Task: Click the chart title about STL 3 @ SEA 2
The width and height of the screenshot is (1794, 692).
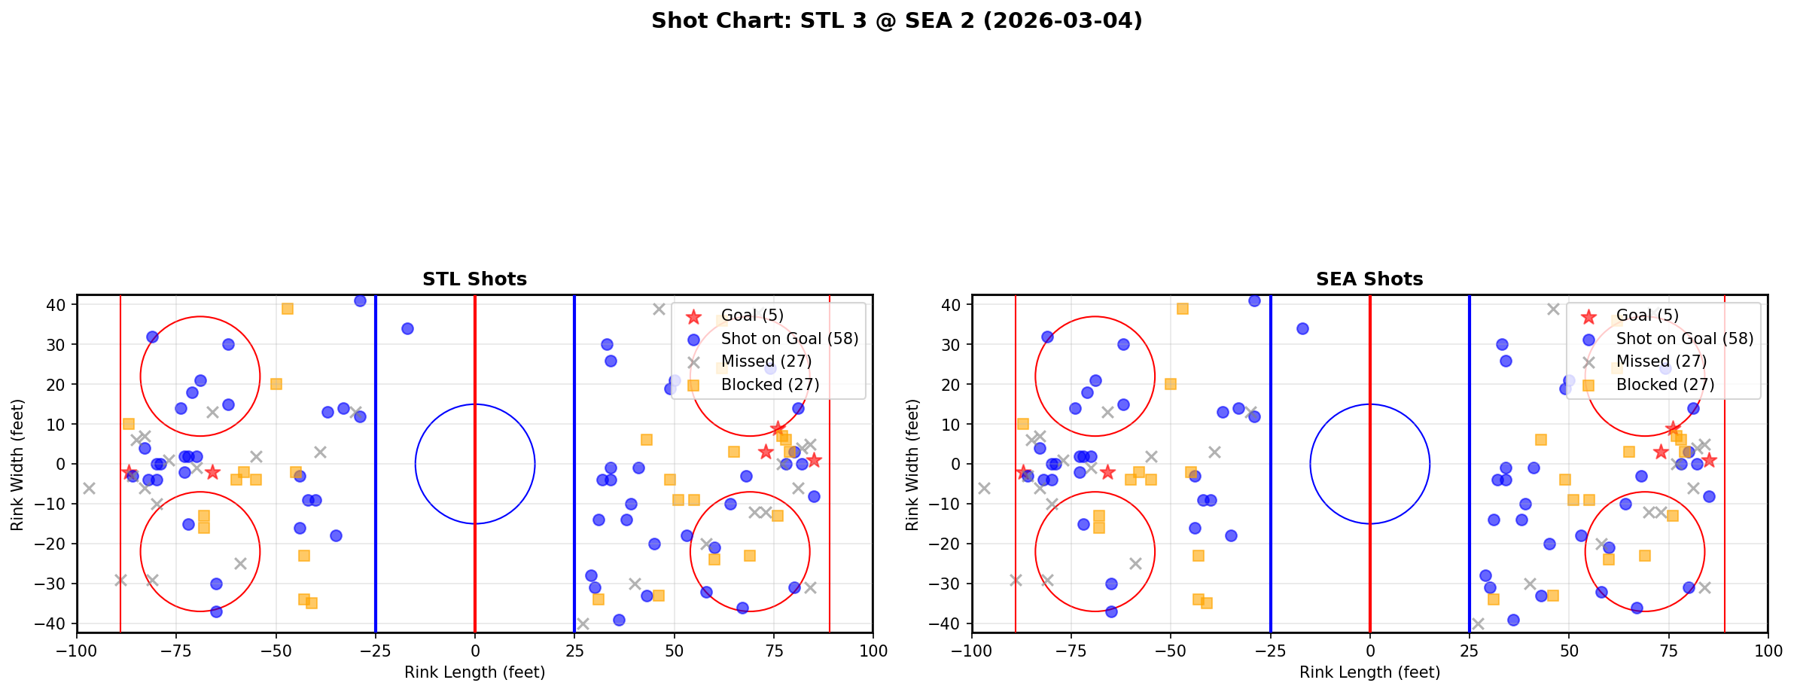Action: click(897, 21)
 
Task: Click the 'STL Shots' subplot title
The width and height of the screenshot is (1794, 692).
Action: click(474, 279)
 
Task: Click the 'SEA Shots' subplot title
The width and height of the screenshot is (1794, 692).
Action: click(1369, 279)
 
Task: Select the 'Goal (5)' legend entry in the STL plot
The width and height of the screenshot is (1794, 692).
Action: click(752, 316)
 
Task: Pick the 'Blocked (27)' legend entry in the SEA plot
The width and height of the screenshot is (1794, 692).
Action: click(1665, 385)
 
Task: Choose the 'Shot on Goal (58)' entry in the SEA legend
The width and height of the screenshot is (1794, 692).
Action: click(1684, 339)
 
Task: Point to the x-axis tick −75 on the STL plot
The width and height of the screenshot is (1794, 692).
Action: click(176, 651)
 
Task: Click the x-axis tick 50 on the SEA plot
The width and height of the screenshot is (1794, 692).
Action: click(1568, 651)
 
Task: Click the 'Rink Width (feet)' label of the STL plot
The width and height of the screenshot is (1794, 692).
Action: click(17, 465)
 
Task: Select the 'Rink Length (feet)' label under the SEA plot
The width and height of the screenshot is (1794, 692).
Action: click(1369, 672)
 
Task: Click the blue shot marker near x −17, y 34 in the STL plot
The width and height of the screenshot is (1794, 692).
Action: click(407, 329)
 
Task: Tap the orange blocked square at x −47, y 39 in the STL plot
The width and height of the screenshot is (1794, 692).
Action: click(288, 309)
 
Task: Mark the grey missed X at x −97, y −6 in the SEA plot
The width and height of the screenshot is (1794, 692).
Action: click(983, 488)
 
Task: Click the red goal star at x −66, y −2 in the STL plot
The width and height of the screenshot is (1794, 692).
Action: click(212, 472)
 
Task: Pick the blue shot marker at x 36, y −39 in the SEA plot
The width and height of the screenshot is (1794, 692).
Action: click(1513, 620)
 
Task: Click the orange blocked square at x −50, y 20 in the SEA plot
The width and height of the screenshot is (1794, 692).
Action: click(1170, 384)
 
